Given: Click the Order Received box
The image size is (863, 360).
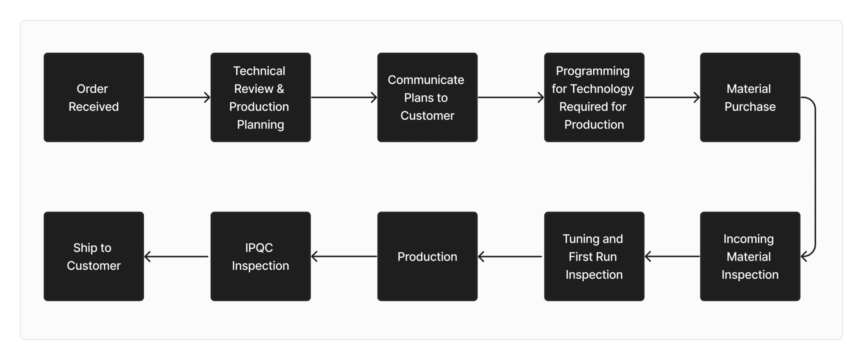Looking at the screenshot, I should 94,97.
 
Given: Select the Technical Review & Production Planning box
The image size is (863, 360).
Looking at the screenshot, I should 260,97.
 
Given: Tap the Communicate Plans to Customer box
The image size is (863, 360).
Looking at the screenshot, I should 427,97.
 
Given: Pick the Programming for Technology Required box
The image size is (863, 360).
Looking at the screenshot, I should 594,97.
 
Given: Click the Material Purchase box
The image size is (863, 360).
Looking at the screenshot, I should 750,97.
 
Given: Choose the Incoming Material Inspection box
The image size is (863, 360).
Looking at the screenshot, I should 750,256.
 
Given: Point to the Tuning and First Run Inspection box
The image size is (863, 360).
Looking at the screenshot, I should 594,256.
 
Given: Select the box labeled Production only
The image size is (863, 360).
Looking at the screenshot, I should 427,256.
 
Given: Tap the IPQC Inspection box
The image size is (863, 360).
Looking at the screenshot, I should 260,256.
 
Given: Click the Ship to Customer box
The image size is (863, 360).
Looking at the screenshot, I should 94,256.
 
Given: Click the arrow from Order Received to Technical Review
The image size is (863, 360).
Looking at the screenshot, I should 177,97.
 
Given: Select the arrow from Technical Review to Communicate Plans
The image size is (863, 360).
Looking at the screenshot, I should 344,97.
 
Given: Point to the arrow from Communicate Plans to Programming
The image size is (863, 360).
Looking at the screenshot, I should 511,97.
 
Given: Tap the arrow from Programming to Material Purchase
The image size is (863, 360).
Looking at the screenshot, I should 672,97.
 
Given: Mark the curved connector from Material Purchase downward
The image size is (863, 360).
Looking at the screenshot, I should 815,177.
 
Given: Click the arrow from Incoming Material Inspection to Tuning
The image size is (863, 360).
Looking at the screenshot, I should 672,256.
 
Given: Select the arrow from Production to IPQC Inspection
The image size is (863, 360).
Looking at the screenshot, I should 344,256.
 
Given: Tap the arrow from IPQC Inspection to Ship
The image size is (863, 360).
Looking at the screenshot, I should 177,256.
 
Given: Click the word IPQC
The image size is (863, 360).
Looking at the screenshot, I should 259,248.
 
